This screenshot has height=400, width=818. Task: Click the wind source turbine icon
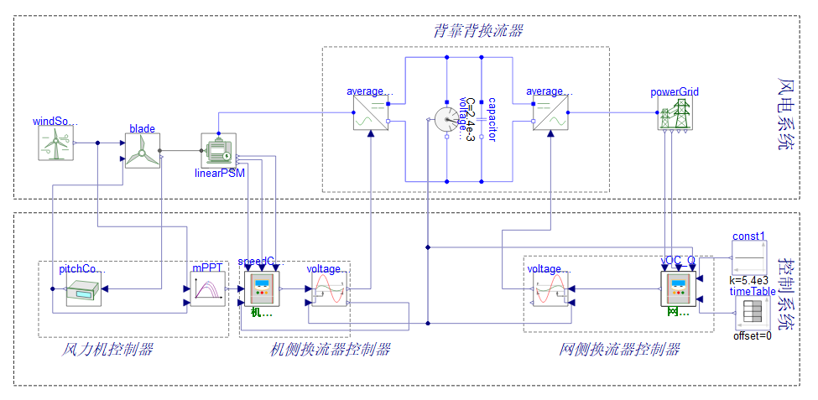tap(57, 143)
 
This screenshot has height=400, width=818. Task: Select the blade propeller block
tap(142, 152)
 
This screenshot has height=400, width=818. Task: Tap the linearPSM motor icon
tap(217, 151)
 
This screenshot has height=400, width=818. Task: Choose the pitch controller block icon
tap(84, 291)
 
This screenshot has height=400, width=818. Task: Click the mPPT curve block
tap(207, 290)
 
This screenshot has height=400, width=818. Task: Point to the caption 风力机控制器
tap(108, 349)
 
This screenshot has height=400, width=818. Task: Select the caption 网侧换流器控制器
tap(619, 349)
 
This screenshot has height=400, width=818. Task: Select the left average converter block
tap(370, 114)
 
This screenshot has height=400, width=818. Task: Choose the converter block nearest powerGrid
tap(550, 114)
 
